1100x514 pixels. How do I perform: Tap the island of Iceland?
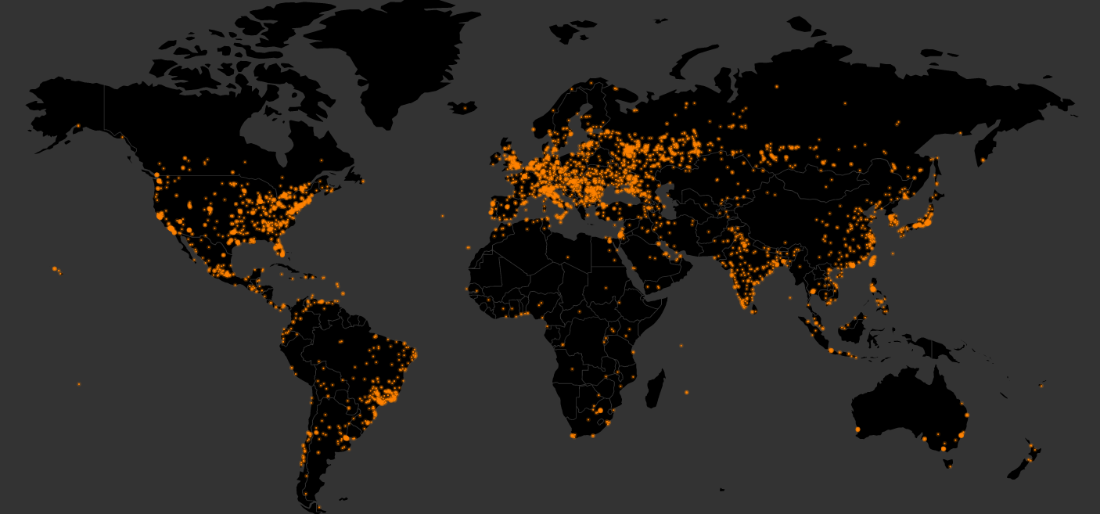tap(462, 107)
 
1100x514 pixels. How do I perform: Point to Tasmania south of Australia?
tap(948, 464)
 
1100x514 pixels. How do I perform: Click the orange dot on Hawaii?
tap(56, 269)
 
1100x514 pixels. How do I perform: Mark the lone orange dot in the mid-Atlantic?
tap(442, 216)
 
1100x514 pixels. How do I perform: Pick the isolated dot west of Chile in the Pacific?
tap(78, 384)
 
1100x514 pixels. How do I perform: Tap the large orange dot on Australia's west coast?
tap(857, 430)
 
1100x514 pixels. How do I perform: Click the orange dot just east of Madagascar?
tap(686, 392)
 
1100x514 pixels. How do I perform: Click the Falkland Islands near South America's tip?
tap(342, 498)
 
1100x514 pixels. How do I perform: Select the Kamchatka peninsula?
tap(986, 145)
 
